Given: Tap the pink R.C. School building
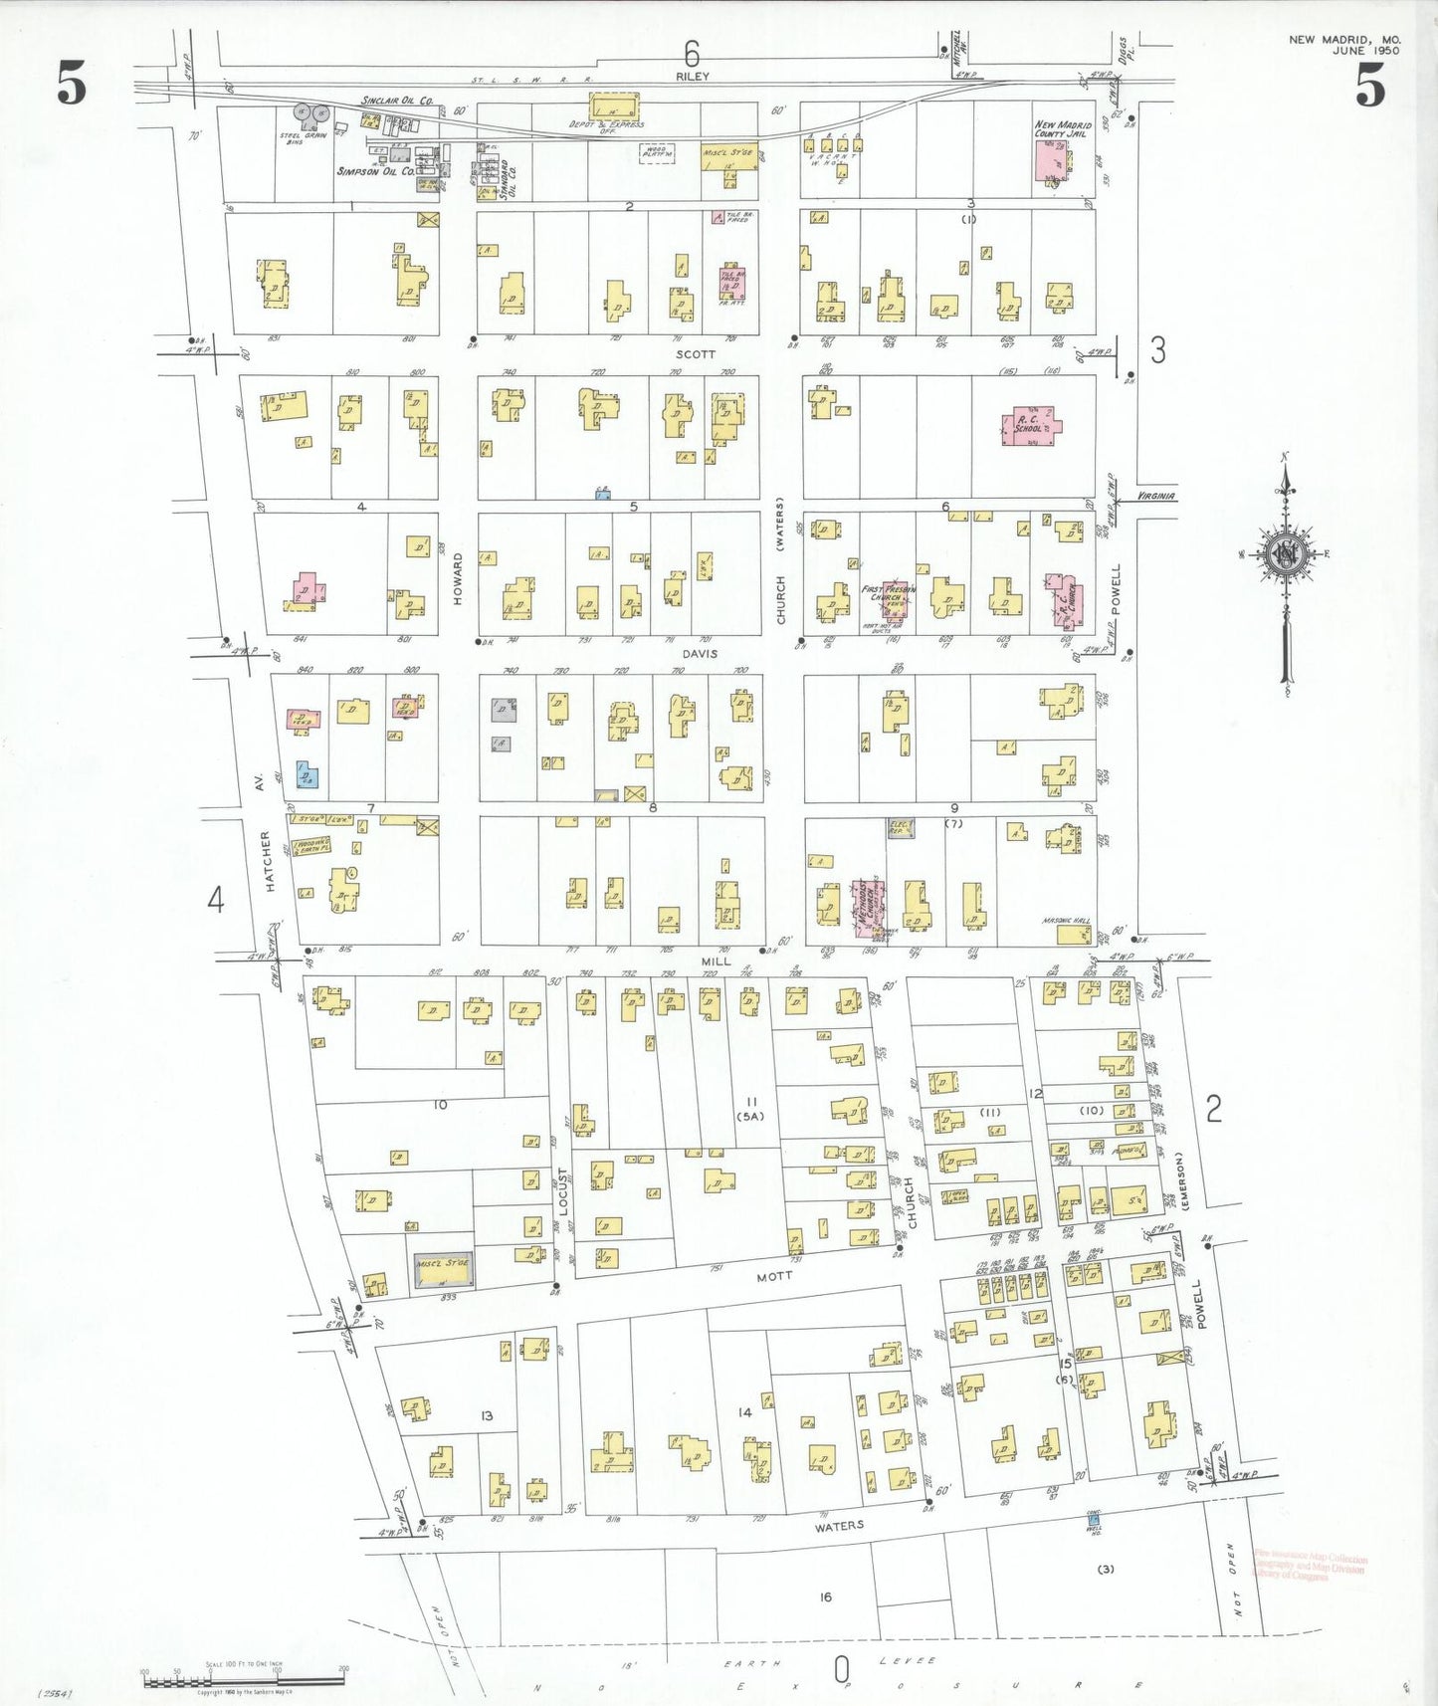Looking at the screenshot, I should (x=1031, y=425).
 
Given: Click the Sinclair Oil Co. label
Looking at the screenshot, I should (x=397, y=101).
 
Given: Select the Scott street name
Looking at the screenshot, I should (x=695, y=354).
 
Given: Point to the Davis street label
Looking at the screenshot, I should (x=700, y=654).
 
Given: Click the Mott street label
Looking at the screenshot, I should (x=774, y=1275).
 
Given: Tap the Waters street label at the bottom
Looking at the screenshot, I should (x=839, y=1526).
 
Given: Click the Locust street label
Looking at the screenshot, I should (x=562, y=1191).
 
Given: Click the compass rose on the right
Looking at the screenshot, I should (x=1287, y=555).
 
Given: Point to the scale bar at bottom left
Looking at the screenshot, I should (x=244, y=1681).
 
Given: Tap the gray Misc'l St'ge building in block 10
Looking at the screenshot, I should (x=444, y=1271).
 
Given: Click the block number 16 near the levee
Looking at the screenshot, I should (x=825, y=1597).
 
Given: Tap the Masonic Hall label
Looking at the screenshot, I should (x=1066, y=921).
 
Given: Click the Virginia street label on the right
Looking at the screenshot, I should (x=1154, y=496).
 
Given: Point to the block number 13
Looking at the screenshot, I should (x=486, y=1415).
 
